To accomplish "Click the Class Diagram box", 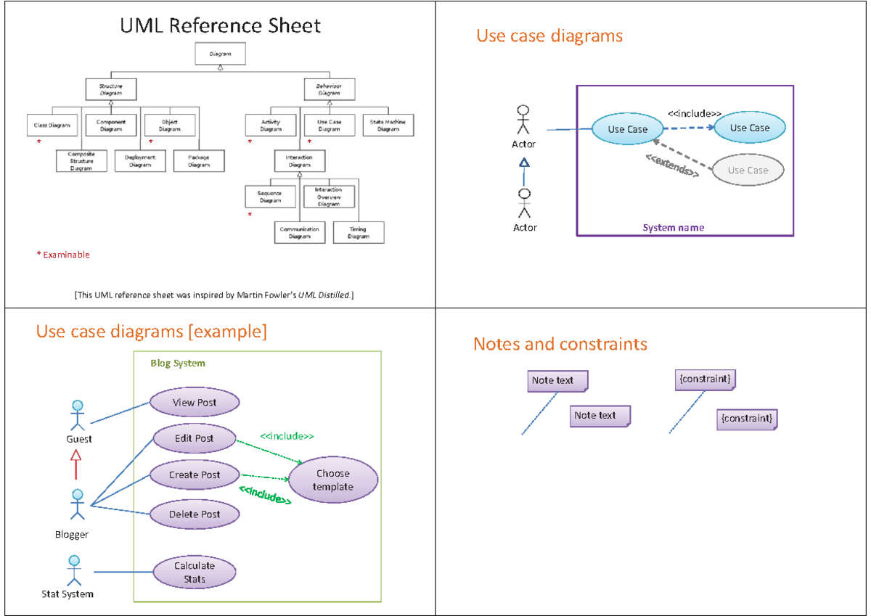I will click(52, 126).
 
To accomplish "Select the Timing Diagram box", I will click(359, 232).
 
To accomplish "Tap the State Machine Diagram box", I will click(388, 126).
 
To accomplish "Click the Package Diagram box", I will click(199, 160).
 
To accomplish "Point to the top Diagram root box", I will click(220, 54).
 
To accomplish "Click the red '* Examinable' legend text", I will click(63, 255).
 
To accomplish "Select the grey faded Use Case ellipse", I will click(748, 171).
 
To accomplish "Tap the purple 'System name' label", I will click(673, 228).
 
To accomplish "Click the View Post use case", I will click(195, 403).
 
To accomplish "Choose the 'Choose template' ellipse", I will click(333, 480).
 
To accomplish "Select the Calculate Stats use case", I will click(195, 572).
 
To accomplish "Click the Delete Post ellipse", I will click(195, 514).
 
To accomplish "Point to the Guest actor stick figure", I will click(77, 415).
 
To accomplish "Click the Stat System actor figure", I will click(73, 571).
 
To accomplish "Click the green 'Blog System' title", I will click(178, 364).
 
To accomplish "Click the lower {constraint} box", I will click(747, 419).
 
